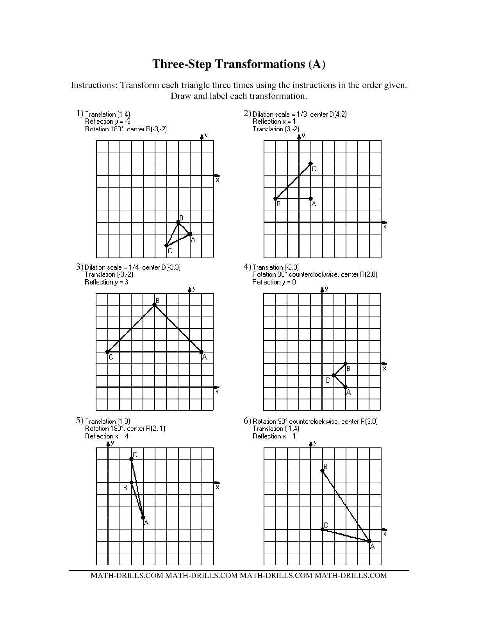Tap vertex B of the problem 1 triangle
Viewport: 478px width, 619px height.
coord(178,222)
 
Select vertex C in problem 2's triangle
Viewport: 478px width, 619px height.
coord(310,163)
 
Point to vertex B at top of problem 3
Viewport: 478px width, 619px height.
coord(155,305)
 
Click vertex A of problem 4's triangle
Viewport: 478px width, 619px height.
coord(346,387)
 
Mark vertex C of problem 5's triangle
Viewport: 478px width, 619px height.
coord(132,459)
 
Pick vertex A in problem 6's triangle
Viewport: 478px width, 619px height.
coord(369,541)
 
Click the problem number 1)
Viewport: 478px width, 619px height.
coord(80,113)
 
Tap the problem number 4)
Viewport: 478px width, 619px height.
coord(247,267)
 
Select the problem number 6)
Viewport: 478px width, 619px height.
coord(247,421)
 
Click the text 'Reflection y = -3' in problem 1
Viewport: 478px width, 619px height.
coord(107,122)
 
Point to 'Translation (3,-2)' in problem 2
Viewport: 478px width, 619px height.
coord(276,129)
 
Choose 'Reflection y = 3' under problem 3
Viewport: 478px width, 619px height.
coord(106,282)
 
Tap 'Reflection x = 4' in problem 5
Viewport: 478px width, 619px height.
coord(107,436)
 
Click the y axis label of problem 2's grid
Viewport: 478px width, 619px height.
coord(303,136)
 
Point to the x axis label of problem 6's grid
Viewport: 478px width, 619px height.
coord(385,534)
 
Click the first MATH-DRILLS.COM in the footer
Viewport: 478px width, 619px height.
coord(127,575)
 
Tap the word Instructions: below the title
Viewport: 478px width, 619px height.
coord(94,85)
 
